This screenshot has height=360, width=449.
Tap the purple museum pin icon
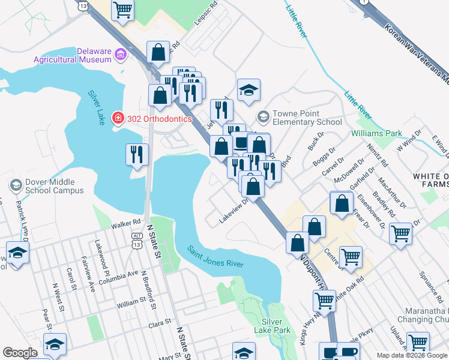121,55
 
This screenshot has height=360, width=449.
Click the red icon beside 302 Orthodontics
118,118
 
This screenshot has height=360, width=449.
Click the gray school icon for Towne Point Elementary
262,115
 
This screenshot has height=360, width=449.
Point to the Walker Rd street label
125,226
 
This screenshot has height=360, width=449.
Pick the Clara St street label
160,325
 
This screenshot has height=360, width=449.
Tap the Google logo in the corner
20,352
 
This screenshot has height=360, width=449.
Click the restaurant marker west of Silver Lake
137,154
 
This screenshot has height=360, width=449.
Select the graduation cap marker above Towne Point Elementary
249,91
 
